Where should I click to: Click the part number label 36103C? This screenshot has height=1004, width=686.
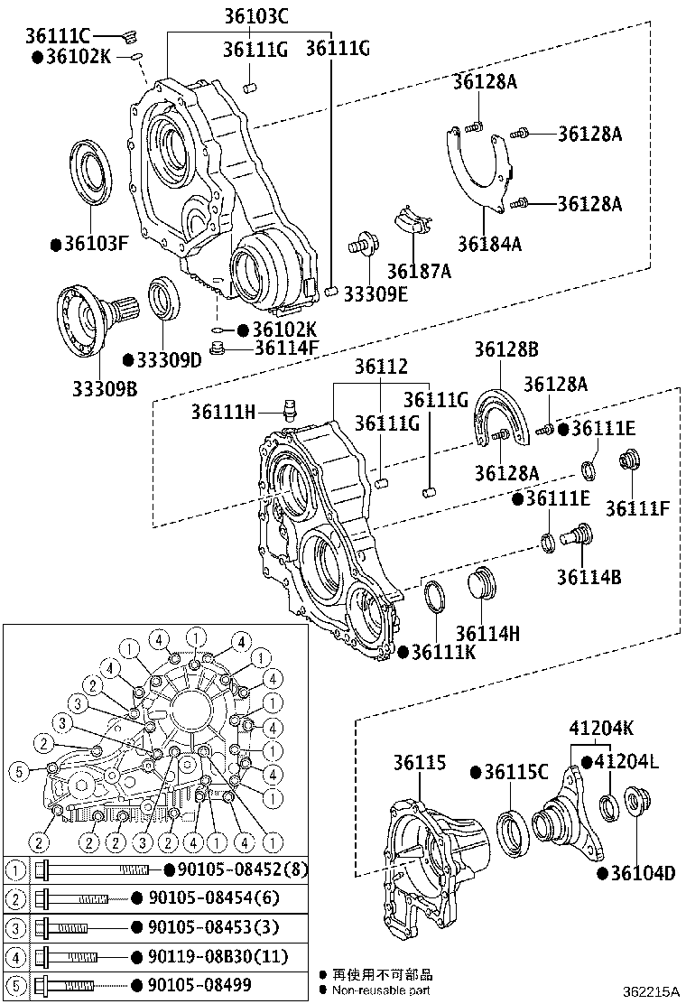tap(256, 16)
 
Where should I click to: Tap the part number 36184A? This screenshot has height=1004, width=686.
tap(489, 244)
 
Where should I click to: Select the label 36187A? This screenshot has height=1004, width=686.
tap(419, 272)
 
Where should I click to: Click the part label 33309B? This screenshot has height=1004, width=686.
tap(105, 388)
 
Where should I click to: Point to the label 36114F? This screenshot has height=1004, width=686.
tap(287, 348)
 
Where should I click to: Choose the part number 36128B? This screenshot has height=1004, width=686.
tap(506, 349)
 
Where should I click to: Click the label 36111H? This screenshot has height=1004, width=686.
tap(223, 412)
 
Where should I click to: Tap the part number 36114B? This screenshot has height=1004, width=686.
tap(589, 577)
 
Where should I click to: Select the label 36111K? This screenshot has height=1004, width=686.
tap(443, 652)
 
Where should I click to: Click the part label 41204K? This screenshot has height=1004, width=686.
tap(602, 728)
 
